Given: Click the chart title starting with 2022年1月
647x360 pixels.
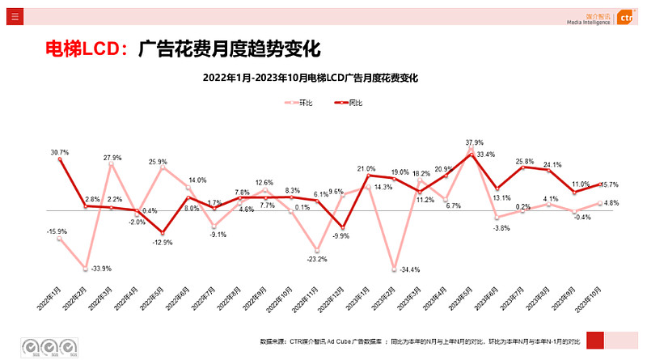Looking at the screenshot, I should pos(311,78).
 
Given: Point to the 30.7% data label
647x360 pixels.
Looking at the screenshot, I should pos(59,152).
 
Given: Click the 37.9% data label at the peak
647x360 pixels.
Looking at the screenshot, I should pos(474,142).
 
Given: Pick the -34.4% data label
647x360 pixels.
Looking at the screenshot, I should pos(410,269).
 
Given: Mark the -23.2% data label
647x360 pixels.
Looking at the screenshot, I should pos(316,259).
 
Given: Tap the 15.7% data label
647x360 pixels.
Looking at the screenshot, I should pos(608,184).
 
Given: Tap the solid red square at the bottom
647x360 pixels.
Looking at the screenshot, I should pos(594,341).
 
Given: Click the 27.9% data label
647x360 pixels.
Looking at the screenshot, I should pos(112,158).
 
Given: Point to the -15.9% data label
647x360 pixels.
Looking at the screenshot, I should pos(56,232).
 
